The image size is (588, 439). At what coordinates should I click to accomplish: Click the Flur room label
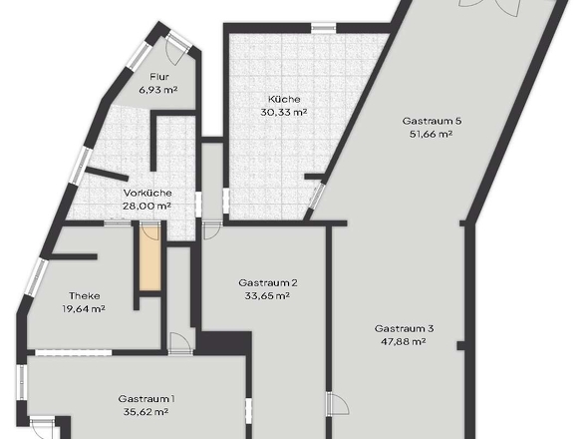tap(159, 77)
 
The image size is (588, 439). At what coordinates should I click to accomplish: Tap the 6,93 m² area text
tap(157, 90)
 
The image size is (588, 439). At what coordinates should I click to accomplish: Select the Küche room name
tap(284, 100)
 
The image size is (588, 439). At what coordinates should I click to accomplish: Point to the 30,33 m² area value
tap(284, 113)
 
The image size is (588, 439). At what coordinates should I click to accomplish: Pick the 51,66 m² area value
tap(432, 134)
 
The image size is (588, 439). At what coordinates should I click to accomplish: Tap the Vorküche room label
tap(147, 193)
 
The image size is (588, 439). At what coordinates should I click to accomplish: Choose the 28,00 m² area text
tap(147, 206)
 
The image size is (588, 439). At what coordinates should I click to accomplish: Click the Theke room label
tap(85, 296)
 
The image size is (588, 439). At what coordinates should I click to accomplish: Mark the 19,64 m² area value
tap(84, 309)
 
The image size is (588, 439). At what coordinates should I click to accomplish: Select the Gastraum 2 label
tap(268, 282)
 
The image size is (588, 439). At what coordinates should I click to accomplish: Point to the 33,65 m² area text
tap(267, 296)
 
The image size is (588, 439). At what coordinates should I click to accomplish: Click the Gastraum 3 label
tap(405, 329)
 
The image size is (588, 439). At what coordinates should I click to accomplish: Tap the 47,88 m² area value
tap(404, 342)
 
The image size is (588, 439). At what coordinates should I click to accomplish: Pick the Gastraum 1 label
tap(147, 399)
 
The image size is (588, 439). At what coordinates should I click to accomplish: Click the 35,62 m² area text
tap(146, 412)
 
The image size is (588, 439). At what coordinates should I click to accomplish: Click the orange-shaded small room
tap(150, 258)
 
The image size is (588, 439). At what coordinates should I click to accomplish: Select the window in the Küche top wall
tap(324, 28)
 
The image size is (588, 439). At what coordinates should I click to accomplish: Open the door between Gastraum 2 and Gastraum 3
tap(337, 404)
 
